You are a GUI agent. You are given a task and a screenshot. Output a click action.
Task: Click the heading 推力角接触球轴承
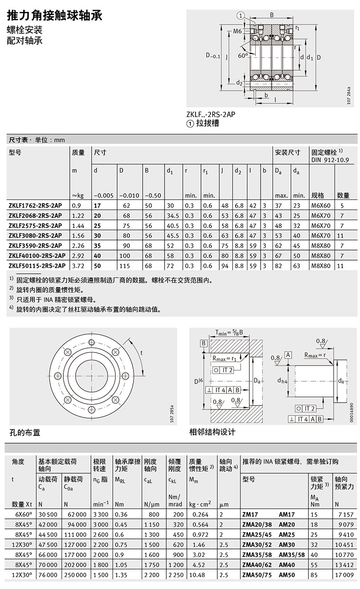pyautogui.click(x=54, y=16)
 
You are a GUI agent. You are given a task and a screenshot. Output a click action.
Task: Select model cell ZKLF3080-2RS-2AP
pyautogui.click(x=35, y=236)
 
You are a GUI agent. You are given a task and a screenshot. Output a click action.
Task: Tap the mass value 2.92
pyautogui.click(x=78, y=256)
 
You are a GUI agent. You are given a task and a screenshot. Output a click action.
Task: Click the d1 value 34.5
pyautogui.click(x=173, y=215)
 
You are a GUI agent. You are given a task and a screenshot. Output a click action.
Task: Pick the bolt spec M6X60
pyautogui.click(x=321, y=205)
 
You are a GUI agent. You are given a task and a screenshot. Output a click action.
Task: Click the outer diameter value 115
pyautogui.click(x=125, y=266)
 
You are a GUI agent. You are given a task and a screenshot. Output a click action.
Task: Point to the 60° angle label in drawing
pyautogui.click(x=243, y=56)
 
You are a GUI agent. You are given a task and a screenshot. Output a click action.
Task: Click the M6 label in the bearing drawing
pyautogui.click(x=237, y=31)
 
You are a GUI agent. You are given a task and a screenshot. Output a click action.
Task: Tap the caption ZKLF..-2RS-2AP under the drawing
pyautogui.click(x=211, y=114)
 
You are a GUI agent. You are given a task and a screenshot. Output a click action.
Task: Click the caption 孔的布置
pyautogui.click(x=25, y=433)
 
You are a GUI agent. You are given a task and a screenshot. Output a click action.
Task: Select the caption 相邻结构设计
pyautogui.click(x=212, y=432)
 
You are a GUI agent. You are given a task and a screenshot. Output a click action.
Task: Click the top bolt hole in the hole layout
pyautogui.click(x=92, y=343)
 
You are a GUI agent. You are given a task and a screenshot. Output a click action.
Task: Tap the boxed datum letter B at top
pyautogui.click(x=204, y=343)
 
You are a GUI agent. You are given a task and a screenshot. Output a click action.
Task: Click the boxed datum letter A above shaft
pyautogui.click(x=288, y=355)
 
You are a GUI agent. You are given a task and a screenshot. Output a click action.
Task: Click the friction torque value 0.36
pyautogui.click(x=121, y=515)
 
